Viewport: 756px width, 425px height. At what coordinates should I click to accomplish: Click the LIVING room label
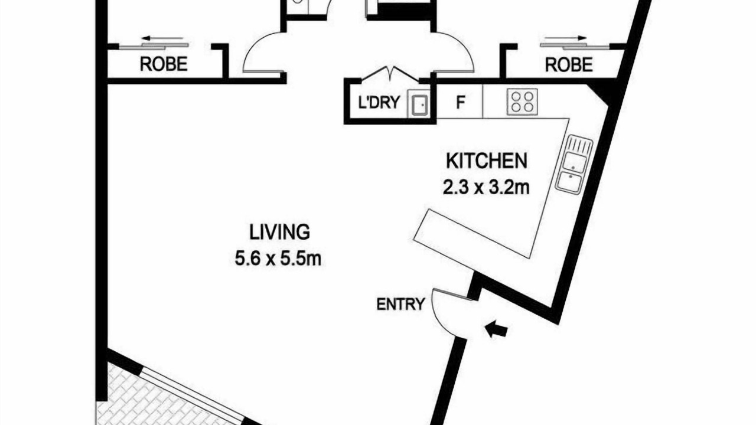(x=279, y=232)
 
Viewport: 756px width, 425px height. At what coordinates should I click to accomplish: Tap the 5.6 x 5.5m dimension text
(x=278, y=259)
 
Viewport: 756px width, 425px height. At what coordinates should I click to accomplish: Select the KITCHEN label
(x=486, y=161)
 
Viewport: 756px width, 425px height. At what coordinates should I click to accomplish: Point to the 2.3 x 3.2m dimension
(x=486, y=188)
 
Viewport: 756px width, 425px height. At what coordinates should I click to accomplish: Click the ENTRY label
(x=400, y=304)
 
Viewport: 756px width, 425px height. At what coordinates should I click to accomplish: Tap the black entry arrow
(x=496, y=330)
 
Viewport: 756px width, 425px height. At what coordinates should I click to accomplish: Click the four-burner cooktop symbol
(x=522, y=102)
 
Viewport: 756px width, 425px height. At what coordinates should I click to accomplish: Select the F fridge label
(x=460, y=102)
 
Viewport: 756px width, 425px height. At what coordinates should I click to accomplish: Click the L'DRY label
(x=379, y=103)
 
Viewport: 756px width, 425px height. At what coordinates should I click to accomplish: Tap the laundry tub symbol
(x=419, y=104)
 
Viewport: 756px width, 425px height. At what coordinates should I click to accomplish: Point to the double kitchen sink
(x=573, y=164)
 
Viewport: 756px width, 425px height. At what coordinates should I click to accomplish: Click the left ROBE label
(x=164, y=64)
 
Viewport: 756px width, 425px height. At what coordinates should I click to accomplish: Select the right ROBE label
(x=569, y=64)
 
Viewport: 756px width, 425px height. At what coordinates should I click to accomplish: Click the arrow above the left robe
(x=162, y=38)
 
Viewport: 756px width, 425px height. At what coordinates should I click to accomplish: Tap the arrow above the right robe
(x=563, y=38)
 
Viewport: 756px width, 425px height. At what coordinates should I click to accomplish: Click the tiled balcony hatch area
(x=162, y=398)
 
